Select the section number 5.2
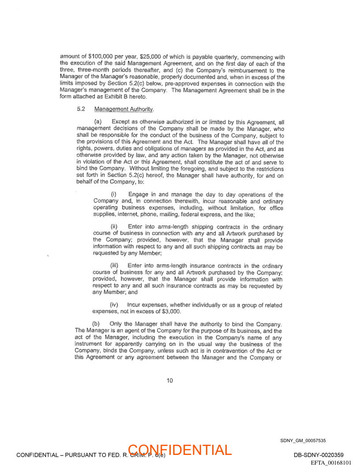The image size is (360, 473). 81,109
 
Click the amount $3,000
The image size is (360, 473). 171,311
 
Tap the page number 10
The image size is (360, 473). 170,380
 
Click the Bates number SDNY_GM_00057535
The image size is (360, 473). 303,440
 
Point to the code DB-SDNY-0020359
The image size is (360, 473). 318,455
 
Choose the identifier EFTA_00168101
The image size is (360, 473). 331,463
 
